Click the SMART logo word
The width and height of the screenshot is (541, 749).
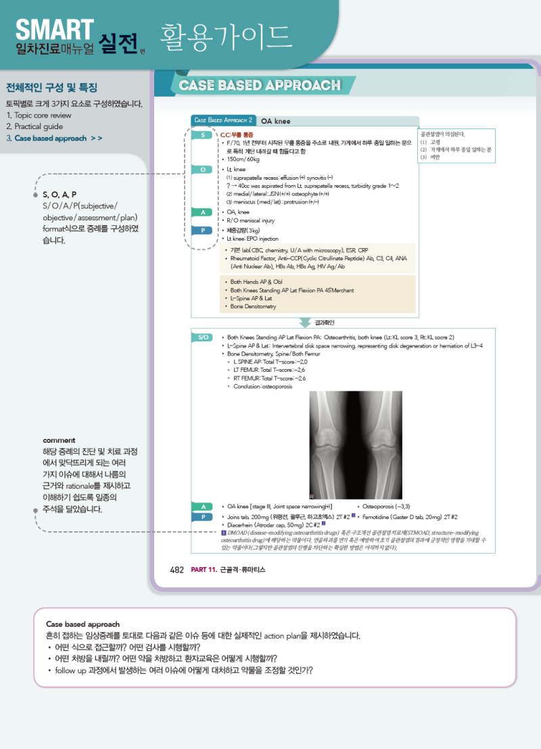point(54,28)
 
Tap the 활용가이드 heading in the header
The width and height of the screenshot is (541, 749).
point(225,36)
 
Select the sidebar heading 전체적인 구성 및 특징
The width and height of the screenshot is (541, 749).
point(51,88)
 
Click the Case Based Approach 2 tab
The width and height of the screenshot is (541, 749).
point(223,120)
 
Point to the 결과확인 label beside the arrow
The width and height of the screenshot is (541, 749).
point(325,322)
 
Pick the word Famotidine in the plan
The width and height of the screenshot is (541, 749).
point(378,516)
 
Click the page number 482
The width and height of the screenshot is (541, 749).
point(177,570)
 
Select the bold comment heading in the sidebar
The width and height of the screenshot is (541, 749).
point(59,440)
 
